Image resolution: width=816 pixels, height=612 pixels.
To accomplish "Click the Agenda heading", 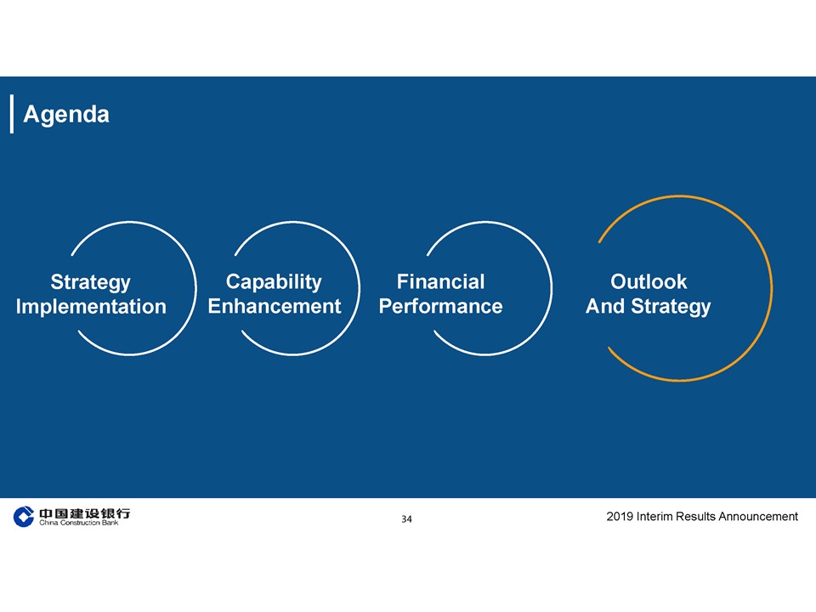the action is pyautogui.click(x=66, y=115).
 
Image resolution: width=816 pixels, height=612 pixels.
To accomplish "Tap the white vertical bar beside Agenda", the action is pyautogui.click(x=11, y=114).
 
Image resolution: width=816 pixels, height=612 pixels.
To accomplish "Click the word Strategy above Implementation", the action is pyautogui.click(x=91, y=282).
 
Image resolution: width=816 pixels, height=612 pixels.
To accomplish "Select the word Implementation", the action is pyautogui.click(x=91, y=307).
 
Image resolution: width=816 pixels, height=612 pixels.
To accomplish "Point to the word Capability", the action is pyautogui.click(x=274, y=282).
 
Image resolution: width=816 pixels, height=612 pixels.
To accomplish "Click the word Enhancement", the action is pyautogui.click(x=275, y=306).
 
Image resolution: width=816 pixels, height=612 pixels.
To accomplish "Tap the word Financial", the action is pyautogui.click(x=440, y=281).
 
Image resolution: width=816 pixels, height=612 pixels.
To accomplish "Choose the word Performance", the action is pyautogui.click(x=440, y=306).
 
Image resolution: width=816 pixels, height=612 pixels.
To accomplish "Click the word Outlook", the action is pyautogui.click(x=649, y=281).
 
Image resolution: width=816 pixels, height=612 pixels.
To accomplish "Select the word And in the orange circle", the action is pyautogui.click(x=605, y=306).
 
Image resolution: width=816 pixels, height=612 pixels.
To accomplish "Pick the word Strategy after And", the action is pyautogui.click(x=671, y=307).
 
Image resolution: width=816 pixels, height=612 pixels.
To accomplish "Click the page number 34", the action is pyautogui.click(x=406, y=518).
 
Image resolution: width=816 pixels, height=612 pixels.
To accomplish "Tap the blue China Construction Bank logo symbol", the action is pyautogui.click(x=24, y=517).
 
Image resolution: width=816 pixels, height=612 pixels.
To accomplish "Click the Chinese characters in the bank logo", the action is pyautogui.click(x=84, y=513).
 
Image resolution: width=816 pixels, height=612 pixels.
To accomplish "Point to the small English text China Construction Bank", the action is pyautogui.click(x=78, y=523).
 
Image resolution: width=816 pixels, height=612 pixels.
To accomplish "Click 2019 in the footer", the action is pyautogui.click(x=620, y=516).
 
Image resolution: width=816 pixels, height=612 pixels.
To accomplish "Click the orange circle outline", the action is pyautogui.click(x=772, y=289).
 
